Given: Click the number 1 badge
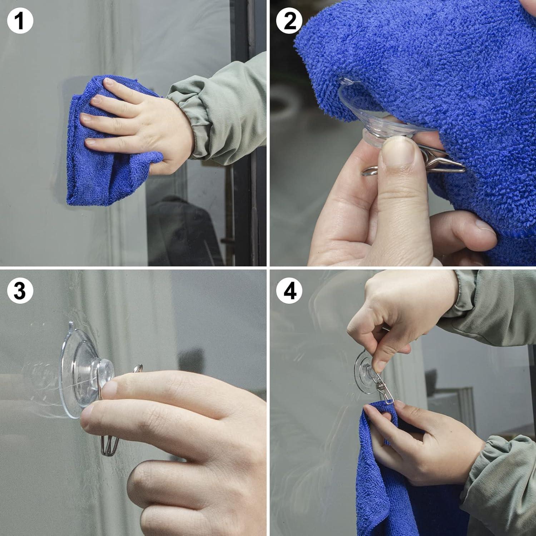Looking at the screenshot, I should (x=20, y=21).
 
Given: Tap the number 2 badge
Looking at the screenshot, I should (x=289, y=21).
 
